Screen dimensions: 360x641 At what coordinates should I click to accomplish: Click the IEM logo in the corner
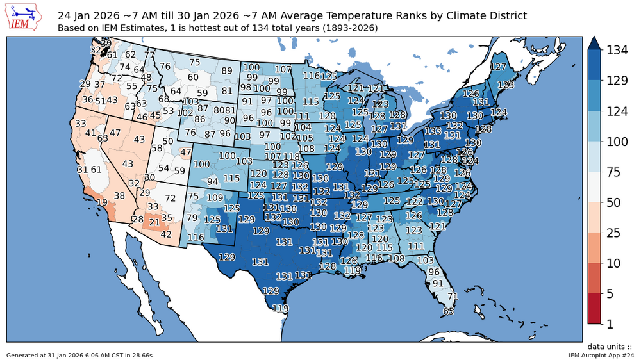coord(23,18)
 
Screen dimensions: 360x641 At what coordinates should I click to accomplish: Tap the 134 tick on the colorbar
coord(615,50)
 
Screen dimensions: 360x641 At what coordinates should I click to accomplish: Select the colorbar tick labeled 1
coord(610,324)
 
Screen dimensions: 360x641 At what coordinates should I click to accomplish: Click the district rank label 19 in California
coord(102,202)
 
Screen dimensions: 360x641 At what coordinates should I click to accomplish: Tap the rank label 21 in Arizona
coord(154,222)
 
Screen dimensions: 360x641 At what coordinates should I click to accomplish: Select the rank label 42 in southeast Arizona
coord(166,234)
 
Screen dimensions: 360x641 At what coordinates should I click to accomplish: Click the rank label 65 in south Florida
coord(449,311)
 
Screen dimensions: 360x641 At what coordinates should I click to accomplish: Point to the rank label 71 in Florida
coord(453,297)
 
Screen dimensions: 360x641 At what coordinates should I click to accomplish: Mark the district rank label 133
coord(432,131)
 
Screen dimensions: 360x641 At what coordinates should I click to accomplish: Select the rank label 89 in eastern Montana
coord(227,71)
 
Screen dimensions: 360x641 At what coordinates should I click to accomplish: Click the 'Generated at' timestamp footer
coord(79,354)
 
